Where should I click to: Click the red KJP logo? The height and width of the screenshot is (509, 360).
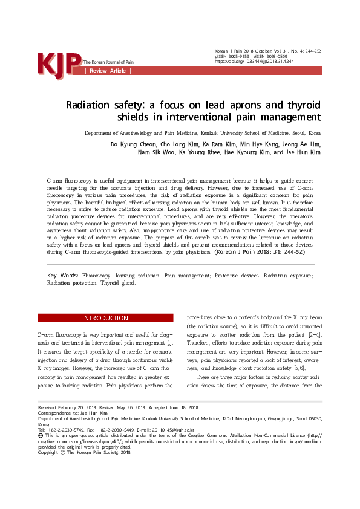(x=59, y=63)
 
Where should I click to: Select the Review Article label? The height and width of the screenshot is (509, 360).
(x=108, y=71)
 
